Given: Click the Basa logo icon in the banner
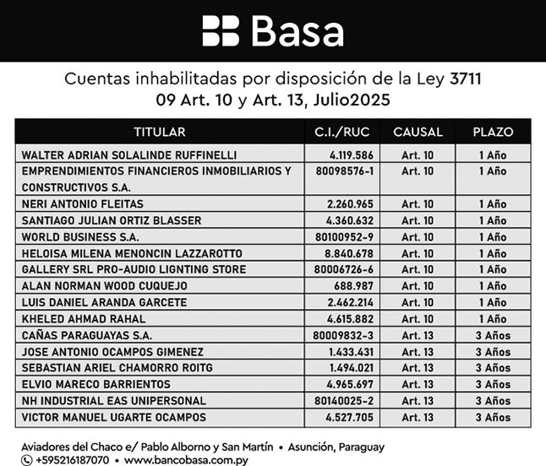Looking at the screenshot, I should tap(221, 30).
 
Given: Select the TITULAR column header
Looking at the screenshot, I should tap(159, 132).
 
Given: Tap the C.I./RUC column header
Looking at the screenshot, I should tap(341, 132).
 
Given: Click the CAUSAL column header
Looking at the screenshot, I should tap(412, 132).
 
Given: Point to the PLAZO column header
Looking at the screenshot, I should tap(492, 132).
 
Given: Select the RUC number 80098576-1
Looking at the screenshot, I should tap(344, 171).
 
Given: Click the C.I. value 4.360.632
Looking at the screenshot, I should tap(350, 220).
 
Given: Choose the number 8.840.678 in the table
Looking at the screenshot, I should tap(350, 253).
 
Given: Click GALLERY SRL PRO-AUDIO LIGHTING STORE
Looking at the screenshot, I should tap(134, 270).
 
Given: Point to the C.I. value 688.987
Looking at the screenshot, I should tap(355, 286).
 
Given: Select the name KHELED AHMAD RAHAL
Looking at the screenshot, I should tap(72, 319).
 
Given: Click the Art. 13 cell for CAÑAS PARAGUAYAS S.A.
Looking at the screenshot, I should tap(417, 336).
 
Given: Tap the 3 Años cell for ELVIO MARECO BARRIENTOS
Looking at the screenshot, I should tap(492, 385).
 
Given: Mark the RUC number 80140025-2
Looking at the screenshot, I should tap(344, 401).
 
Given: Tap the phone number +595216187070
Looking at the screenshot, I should tap(73, 460).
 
